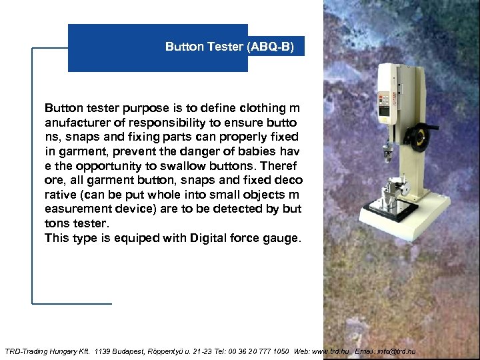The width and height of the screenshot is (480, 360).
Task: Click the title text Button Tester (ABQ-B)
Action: click(x=229, y=47)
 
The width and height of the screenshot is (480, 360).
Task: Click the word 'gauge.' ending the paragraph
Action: click(x=283, y=238)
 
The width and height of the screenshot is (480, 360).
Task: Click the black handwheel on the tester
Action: click(x=417, y=138)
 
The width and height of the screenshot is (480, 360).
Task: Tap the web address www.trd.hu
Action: click(x=331, y=351)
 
